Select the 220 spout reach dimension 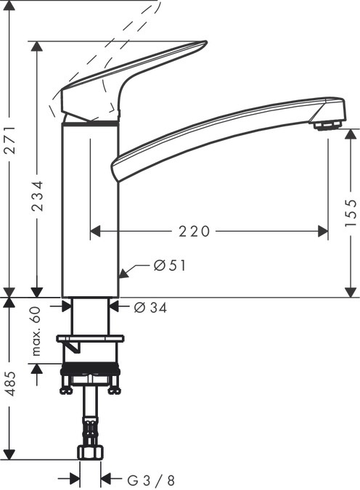pyautogui.click(x=194, y=232)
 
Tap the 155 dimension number pyautogui.click(x=351, y=214)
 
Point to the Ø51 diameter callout pyautogui.click(x=170, y=266)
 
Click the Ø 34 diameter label pyautogui.click(x=151, y=308)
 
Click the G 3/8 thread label pyautogui.click(x=151, y=480)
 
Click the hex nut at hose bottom pyautogui.click(x=90, y=452)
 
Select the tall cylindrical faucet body pyautogui.click(x=89, y=211)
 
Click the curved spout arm pyautogui.click(x=218, y=131)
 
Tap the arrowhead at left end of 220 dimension pyautogui.click(x=94, y=232)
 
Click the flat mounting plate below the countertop pyautogui.click(x=90, y=338)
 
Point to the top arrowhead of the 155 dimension pyautogui.click(x=351, y=134)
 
